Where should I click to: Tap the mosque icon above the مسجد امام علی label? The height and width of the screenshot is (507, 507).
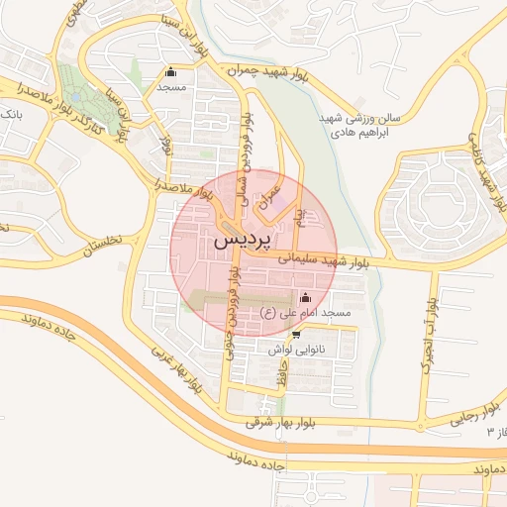tap(304, 297)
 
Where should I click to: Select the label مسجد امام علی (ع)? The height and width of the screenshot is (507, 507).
tap(305, 313)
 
